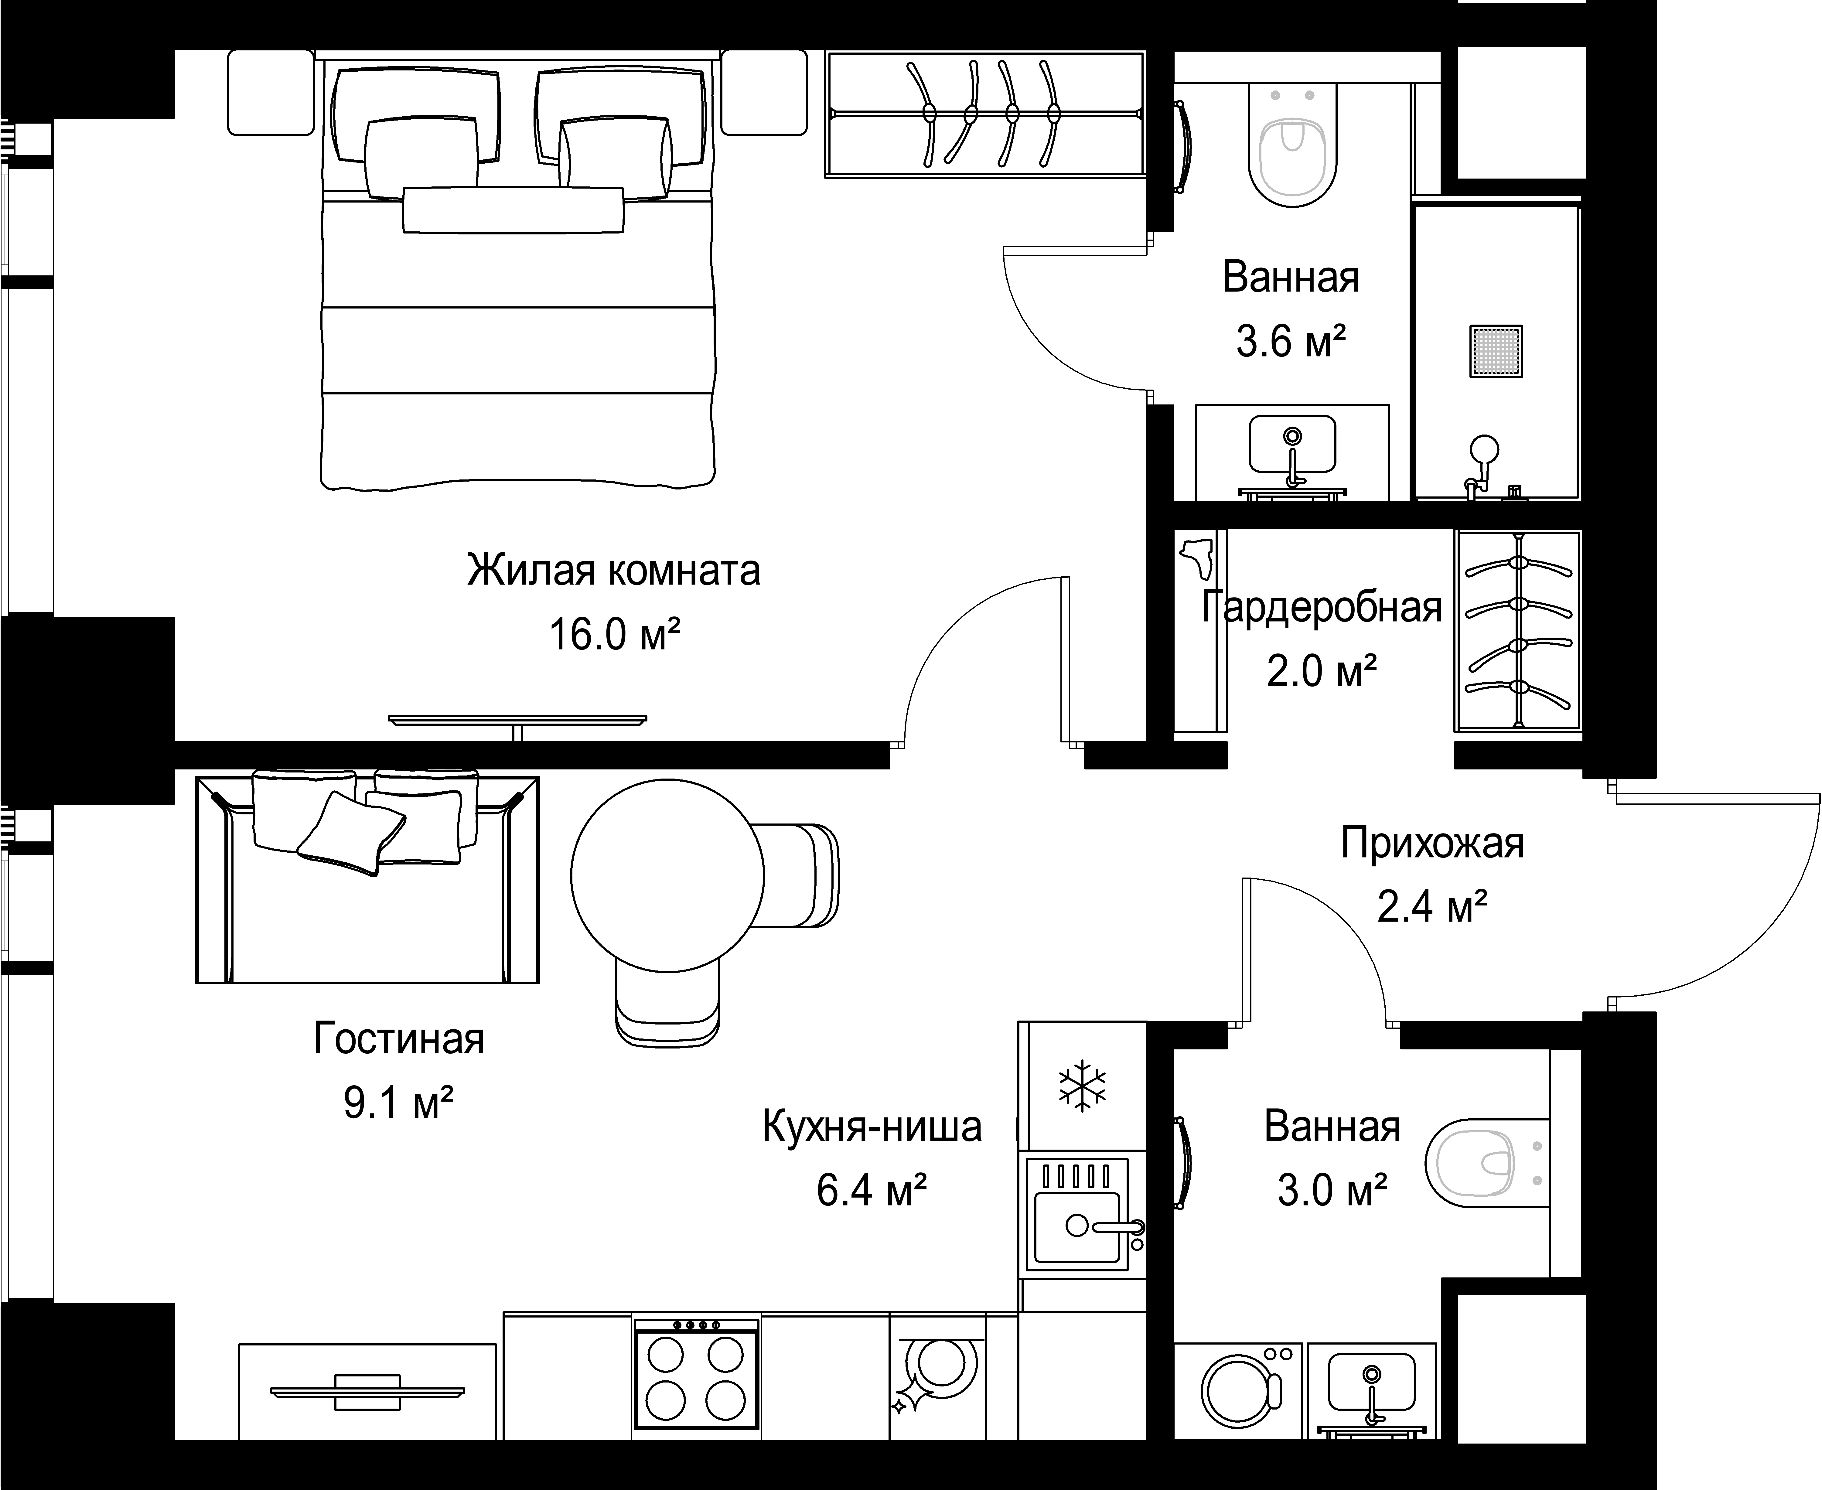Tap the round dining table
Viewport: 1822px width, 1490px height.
click(x=668, y=875)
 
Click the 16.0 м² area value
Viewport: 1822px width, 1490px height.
click(x=615, y=635)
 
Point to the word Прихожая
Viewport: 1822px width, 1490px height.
click(x=1432, y=844)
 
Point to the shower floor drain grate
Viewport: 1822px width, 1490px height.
click(x=1496, y=351)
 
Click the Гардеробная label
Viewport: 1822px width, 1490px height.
click(x=1322, y=607)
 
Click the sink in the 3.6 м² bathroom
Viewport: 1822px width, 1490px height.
click(x=1291, y=444)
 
